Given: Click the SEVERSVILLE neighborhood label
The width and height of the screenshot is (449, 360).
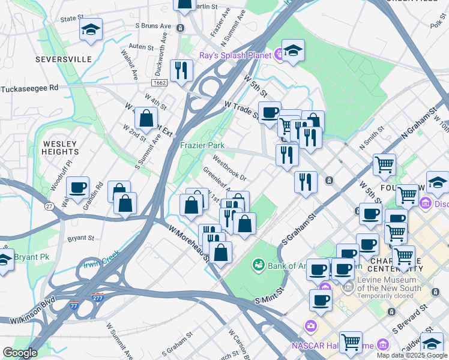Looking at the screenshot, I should (63, 59).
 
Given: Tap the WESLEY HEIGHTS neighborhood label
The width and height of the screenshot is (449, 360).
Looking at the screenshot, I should (60, 148).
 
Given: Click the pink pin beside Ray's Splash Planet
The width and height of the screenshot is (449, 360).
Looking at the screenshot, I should (280, 55).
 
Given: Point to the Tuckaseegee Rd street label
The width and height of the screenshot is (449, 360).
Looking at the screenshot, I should (29, 88).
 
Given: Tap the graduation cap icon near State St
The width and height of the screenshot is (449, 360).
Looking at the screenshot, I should (91, 30).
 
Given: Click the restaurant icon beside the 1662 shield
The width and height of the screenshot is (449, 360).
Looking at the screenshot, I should (181, 71).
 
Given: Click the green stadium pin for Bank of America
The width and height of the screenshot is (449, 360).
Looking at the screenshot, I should (259, 263).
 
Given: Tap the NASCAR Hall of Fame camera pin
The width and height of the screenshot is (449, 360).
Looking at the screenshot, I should (310, 326).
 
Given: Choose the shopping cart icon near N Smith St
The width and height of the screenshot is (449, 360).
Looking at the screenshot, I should (384, 164).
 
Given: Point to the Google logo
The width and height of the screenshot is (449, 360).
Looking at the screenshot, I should (20, 353).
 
